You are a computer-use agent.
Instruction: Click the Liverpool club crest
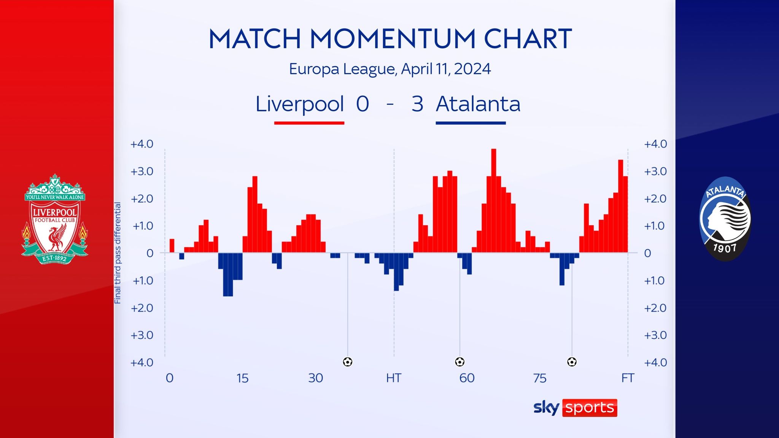point(54,219)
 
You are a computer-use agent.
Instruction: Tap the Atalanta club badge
point(725,219)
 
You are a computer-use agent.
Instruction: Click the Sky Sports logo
point(575,408)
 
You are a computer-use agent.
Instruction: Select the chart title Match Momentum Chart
point(390,39)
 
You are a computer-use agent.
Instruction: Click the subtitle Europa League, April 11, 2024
point(390,69)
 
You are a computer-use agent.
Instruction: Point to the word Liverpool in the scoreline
point(300,104)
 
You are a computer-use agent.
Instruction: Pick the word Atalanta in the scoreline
point(478,104)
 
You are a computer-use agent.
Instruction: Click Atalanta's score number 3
point(417,104)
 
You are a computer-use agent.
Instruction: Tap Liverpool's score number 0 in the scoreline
point(362,104)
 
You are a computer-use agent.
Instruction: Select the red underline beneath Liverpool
point(309,123)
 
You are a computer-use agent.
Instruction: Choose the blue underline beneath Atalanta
point(471,123)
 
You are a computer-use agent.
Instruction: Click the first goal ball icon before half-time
point(348,362)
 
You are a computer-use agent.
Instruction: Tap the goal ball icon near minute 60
point(459,362)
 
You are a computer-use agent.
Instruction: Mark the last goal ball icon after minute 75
point(572,362)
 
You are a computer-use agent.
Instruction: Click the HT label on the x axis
point(394,378)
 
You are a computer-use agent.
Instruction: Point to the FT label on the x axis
point(628,378)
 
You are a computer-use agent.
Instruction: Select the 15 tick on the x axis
point(242,378)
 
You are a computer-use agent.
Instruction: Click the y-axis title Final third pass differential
point(118,253)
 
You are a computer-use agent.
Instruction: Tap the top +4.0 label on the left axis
point(141,144)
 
